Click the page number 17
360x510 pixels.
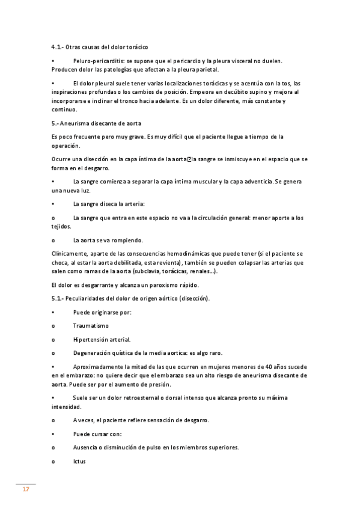click(25, 490)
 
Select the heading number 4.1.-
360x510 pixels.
click(58, 46)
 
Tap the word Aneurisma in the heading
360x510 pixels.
click(78, 123)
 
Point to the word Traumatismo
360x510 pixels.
click(91, 325)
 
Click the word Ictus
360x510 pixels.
click(79, 461)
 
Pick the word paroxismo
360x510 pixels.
click(161, 284)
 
